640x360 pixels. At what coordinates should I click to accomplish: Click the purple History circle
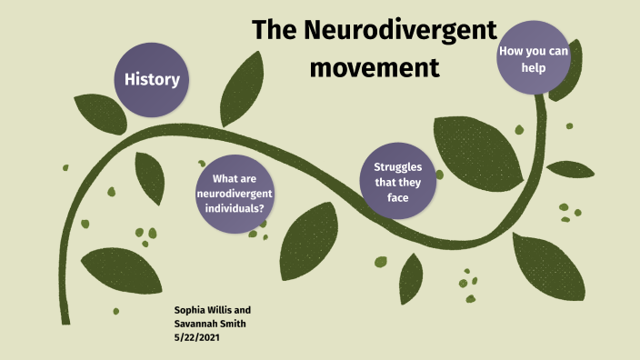[152, 79]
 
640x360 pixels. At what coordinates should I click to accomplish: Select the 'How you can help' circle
[534, 58]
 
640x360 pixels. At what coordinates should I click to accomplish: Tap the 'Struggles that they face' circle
[396, 181]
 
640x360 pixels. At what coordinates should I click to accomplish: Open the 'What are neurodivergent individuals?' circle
[236, 194]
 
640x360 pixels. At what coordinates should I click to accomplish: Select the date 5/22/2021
[196, 336]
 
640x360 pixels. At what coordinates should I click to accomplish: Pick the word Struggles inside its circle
[396, 166]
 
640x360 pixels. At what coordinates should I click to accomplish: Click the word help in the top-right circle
[534, 67]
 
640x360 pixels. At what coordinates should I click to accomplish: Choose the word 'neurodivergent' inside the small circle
[235, 194]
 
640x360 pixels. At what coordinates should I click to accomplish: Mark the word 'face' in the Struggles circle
[396, 196]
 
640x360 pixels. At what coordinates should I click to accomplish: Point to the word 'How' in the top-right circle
[511, 51]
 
